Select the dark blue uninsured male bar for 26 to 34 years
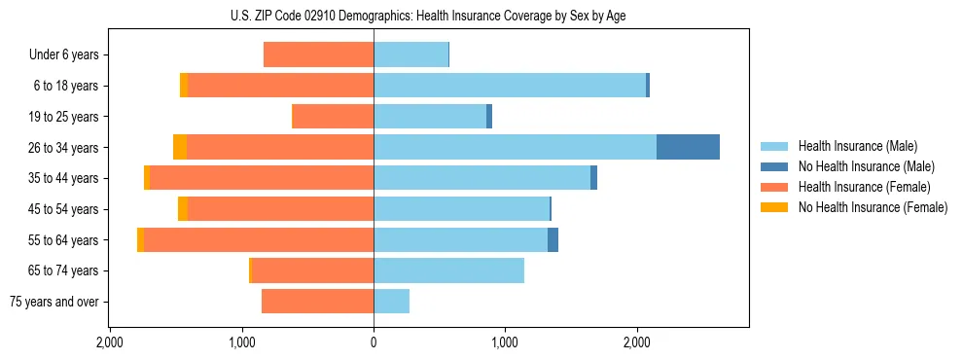tap(688, 147)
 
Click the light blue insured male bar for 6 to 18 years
tap(510, 86)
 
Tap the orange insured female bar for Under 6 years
tap(318, 55)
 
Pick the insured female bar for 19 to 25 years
tap(333, 117)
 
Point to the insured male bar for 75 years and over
tap(391, 302)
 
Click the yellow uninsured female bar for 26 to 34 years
tap(180, 147)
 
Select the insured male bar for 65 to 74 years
tap(448, 270)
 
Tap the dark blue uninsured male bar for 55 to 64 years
tap(553, 240)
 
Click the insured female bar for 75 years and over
tap(317, 302)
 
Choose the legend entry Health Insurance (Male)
tap(857, 146)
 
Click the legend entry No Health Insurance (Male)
tap(866, 166)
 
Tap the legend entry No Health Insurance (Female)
tap(873, 207)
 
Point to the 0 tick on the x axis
tap(374, 342)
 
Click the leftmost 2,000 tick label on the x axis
tap(110, 342)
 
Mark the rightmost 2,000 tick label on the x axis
tap(637, 342)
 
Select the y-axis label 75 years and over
tap(54, 302)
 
